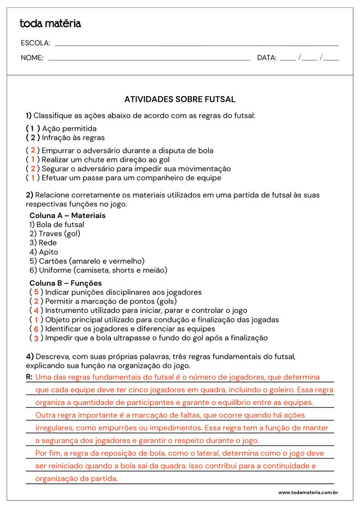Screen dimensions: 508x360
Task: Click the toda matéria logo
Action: [x=50, y=24]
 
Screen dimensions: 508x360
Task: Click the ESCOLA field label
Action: [x=35, y=43]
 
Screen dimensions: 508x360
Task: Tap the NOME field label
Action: [x=32, y=58]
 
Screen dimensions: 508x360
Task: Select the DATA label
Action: [x=266, y=58]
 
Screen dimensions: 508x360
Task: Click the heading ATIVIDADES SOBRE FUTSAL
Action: [x=180, y=99]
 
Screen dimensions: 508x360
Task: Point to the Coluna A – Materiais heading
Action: [x=67, y=215]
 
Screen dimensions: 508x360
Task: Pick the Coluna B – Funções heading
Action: [x=66, y=283]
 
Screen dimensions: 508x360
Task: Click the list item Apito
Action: [x=44, y=252]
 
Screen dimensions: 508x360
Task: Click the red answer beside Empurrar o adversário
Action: [x=33, y=150]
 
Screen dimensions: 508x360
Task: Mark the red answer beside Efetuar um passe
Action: [x=33, y=178]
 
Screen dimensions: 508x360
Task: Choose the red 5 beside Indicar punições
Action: [x=36, y=292]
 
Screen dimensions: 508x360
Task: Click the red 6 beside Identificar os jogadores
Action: [x=36, y=329]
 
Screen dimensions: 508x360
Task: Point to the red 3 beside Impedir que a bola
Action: [x=36, y=338]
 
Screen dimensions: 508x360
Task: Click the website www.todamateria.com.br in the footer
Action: [x=307, y=492]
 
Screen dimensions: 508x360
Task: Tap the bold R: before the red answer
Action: [x=29, y=377]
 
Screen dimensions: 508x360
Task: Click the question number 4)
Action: [x=29, y=356]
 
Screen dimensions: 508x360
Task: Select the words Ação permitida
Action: [x=69, y=128]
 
